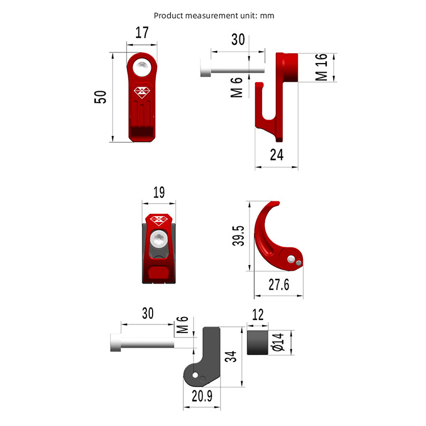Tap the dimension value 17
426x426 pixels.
tap(142, 33)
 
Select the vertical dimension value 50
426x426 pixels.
tap(100, 97)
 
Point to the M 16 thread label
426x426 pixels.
tap(321, 67)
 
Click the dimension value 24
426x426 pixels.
tap(276, 154)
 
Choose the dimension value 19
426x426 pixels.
tap(159, 193)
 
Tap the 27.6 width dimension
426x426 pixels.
tap(279, 284)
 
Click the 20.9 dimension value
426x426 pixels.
tap(202, 396)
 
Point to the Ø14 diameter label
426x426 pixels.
tap(277, 343)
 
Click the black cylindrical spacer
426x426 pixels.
tap(258, 343)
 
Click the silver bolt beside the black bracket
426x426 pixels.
tap(142, 343)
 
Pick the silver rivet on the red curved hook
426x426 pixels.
tap(291, 259)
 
